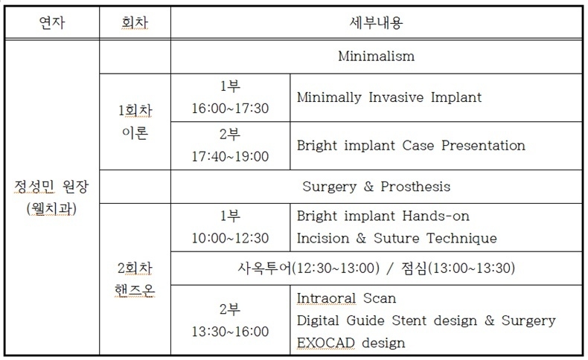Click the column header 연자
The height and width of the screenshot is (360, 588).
(x=52, y=22)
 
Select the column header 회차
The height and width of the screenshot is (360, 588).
(x=135, y=22)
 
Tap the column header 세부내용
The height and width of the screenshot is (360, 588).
(x=376, y=22)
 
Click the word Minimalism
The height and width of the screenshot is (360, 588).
(x=376, y=57)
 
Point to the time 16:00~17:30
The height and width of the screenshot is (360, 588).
(x=230, y=109)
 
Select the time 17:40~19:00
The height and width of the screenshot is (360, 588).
(x=230, y=156)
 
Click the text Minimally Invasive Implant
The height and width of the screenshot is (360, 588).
(x=389, y=97)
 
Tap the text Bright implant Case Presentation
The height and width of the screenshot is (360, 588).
(x=411, y=145)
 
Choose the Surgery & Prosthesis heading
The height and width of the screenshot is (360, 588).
(x=376, y=187)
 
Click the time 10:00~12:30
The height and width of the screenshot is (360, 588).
(x=230, y=238)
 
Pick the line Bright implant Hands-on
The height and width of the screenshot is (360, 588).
(x=383, y=216)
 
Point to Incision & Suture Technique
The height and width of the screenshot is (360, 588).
(x=397, y=238)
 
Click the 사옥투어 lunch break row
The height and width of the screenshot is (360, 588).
(x=376, y=269)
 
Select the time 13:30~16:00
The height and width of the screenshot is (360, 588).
(x=230, y=332)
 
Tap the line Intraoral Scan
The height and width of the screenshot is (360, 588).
(x=347, y=298)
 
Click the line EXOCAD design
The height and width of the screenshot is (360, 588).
(x=351, y=343)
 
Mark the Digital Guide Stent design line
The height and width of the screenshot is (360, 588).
(x=426, y=321)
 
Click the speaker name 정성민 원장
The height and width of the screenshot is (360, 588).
(x=51, y=186)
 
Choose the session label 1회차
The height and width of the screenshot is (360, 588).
(x=135, y=111)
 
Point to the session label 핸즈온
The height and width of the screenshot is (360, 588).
(x=135, y=290)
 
